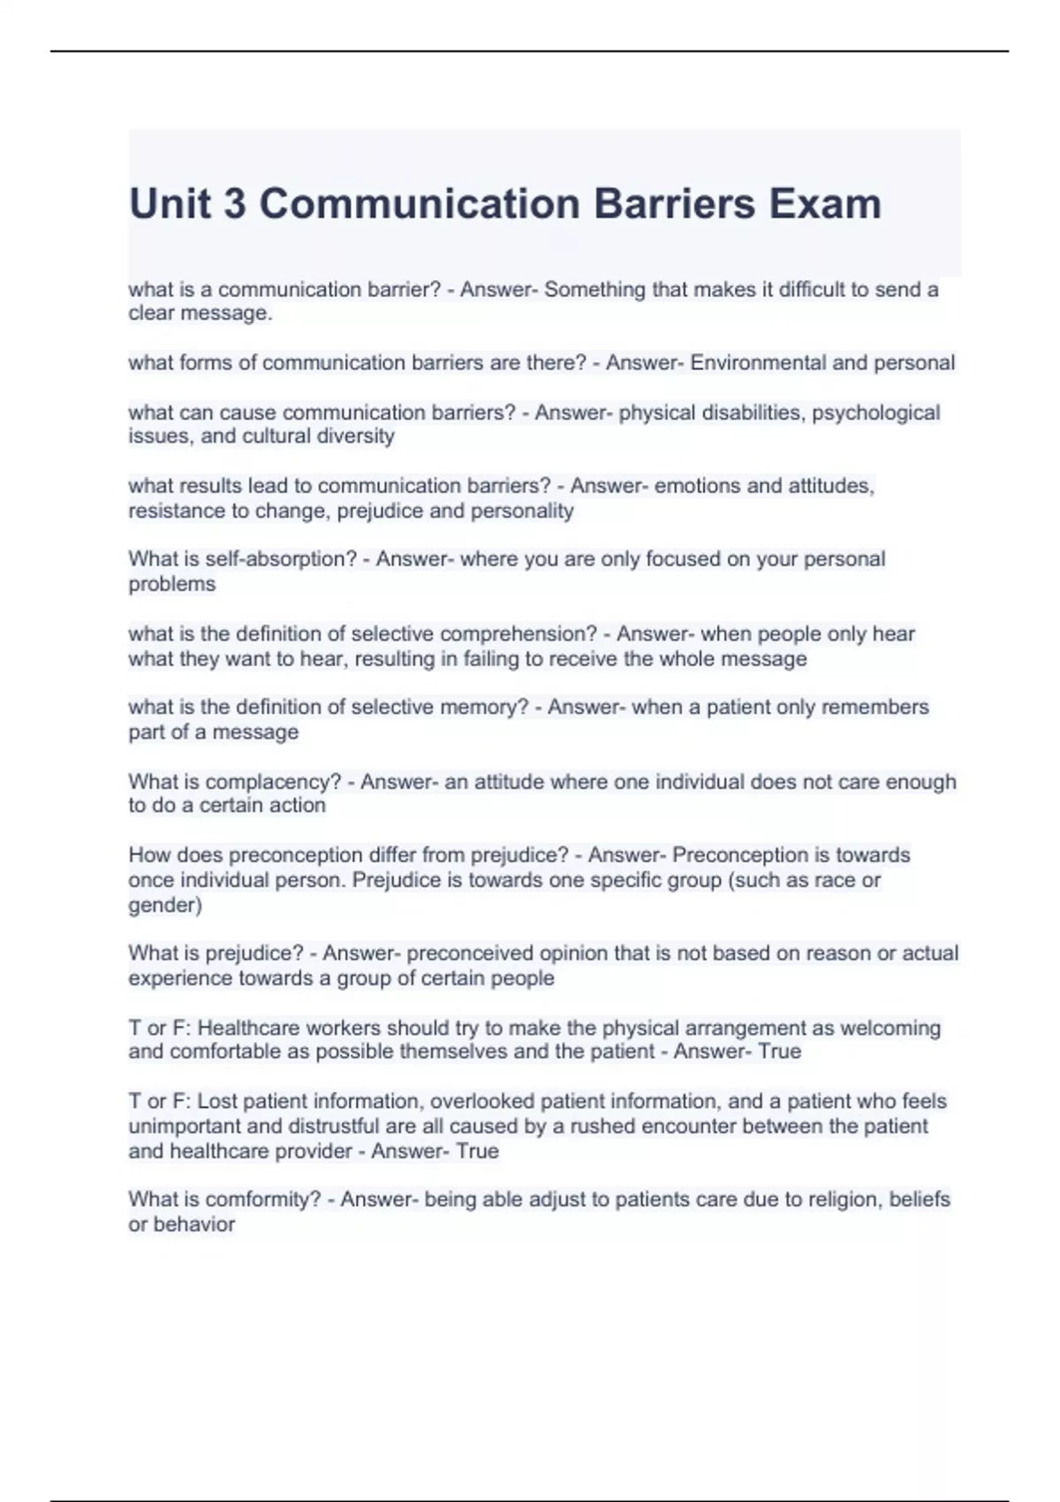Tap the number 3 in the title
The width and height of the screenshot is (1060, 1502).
pyautogui.click(x=234, y=204)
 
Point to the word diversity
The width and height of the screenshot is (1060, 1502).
pyautogui.click(x=353, y=436)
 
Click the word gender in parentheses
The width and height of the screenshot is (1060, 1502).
pyautogui.click(x=163, y=906)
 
